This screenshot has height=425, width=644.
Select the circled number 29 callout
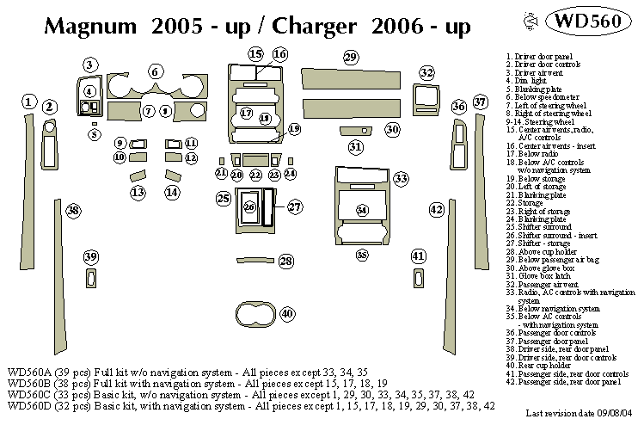pos(350,58)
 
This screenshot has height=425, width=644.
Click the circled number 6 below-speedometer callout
pos(156,72)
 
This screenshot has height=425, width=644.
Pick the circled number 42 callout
pos(437,210)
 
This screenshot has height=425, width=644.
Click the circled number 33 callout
pos(401,179)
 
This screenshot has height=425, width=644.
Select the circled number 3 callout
pos(90,65)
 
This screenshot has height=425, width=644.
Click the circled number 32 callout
pos(426,73)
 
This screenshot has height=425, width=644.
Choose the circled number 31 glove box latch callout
pos(356,147)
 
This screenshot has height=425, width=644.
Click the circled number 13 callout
pos(138,193)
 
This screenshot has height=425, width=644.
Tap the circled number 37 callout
pos(481,103)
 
